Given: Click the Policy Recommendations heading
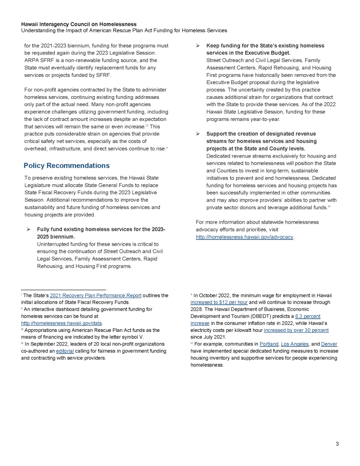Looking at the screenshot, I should coord(67,165).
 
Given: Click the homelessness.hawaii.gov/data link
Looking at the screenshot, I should coord(62,323).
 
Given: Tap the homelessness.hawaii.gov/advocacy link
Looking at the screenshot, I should coord(244,237).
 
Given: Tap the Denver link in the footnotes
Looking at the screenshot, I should coord(329,344).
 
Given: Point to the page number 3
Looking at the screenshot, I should coord(337,443).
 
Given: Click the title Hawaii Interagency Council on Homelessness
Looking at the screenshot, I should coord(79,24).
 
